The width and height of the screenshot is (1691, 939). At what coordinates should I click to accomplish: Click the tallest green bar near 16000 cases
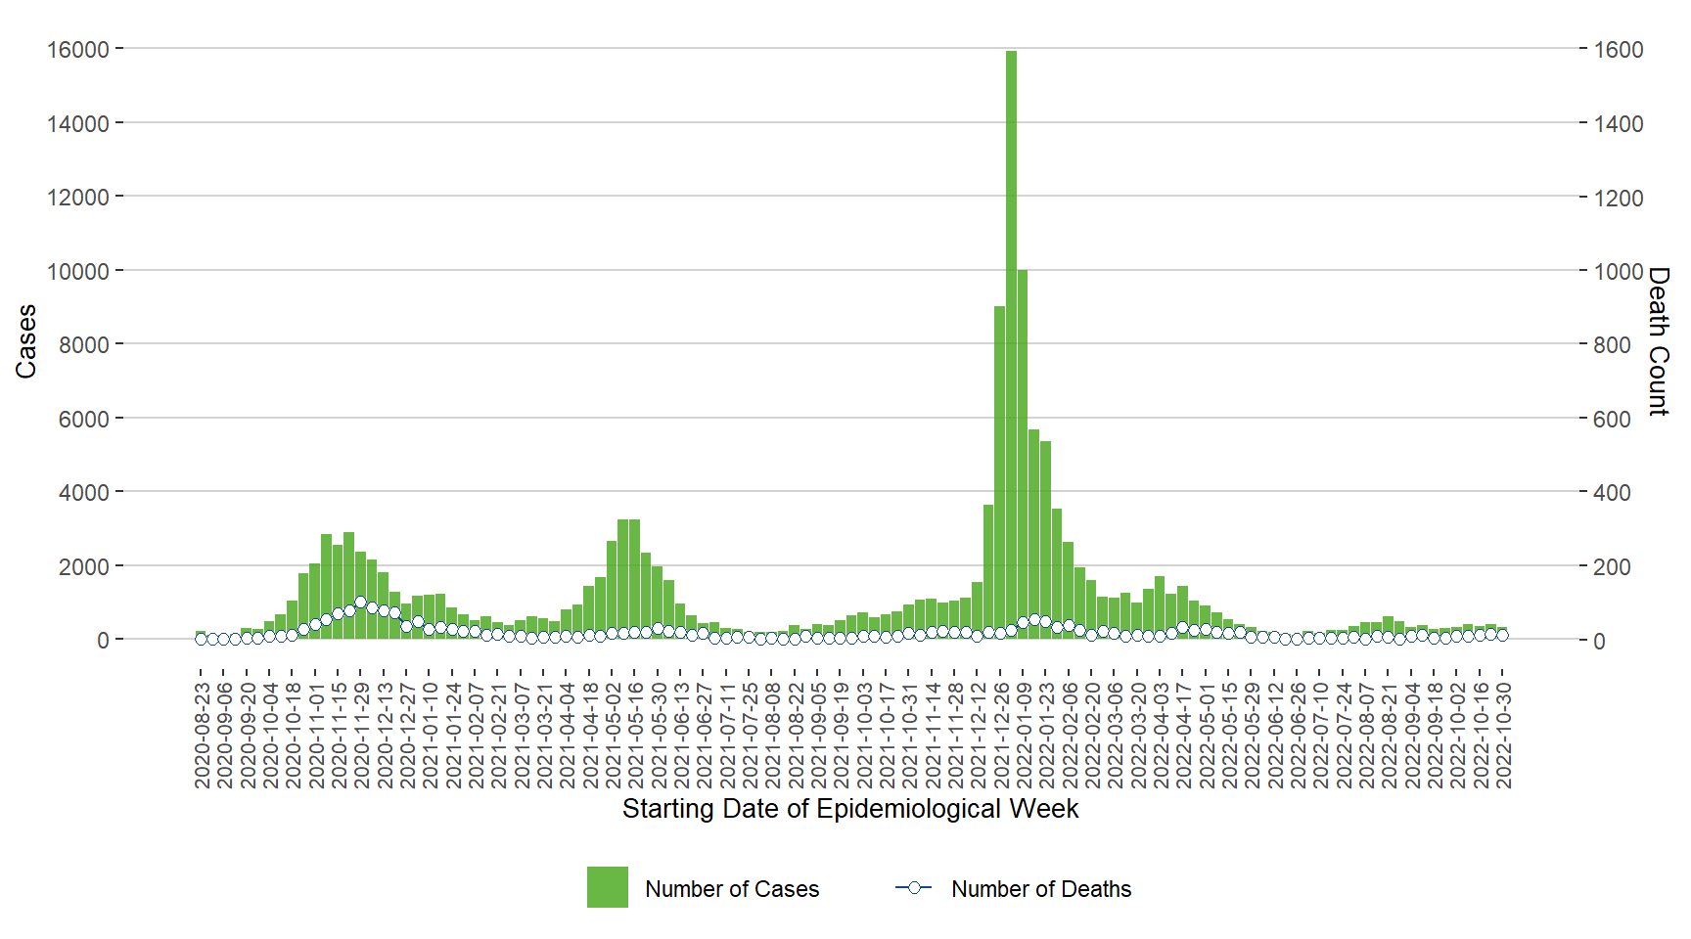(1011, 342)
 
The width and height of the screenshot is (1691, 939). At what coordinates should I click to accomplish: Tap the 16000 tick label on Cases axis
(78, 49)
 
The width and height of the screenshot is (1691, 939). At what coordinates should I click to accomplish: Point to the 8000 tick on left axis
(84, 345)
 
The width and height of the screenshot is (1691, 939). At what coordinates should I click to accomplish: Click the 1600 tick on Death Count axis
(1619, 50)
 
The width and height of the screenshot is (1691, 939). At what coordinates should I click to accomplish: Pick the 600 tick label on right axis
(1613, 420)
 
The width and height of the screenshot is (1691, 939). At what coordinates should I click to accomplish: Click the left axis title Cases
(25, 341)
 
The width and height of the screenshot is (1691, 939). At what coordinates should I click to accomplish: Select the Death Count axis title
(1658, 341)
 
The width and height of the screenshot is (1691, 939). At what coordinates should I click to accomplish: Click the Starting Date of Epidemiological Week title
(849, 809)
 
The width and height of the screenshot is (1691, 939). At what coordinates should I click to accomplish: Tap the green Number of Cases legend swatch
(607, 887)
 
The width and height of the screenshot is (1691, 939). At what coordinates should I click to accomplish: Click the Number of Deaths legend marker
(914, 887)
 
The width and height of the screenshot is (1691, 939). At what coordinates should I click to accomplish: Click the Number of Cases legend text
(732, 889)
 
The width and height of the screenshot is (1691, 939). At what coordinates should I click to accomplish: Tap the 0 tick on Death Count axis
(1599, 642)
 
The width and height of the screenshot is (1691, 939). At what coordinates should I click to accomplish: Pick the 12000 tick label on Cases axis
(78, 198)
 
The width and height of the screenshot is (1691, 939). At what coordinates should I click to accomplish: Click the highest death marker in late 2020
(361, 603)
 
